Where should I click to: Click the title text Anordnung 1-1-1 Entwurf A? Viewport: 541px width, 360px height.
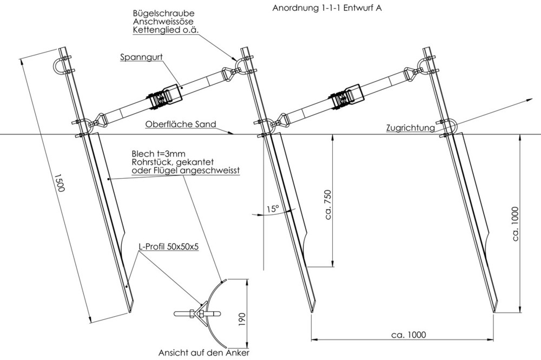[x=327, y=8]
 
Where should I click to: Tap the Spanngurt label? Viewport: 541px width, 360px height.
[x=141, y=57]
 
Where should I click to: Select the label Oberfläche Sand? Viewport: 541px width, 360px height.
[x=181, y=125]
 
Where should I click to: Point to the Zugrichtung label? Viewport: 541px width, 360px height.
[x=410, y=128]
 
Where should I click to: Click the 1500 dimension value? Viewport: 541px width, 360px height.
[x=60, y=182]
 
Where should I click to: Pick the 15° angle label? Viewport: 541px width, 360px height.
[x=273, y=209]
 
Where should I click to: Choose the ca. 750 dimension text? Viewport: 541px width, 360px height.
[x=328, y=204]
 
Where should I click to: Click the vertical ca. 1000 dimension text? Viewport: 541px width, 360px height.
[x=515, y=224]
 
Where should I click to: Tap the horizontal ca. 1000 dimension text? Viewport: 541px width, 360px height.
[x=408, y=335]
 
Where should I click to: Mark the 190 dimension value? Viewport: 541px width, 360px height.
[x=242, y=319]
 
